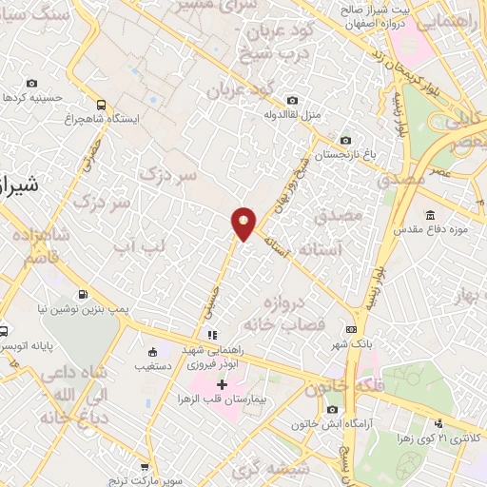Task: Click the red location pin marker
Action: (x=243, y=223)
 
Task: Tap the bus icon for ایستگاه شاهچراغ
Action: (x=101, y=105)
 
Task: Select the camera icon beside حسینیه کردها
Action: (x=32, y=84)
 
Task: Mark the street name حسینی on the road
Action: (x=215, y=296)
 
